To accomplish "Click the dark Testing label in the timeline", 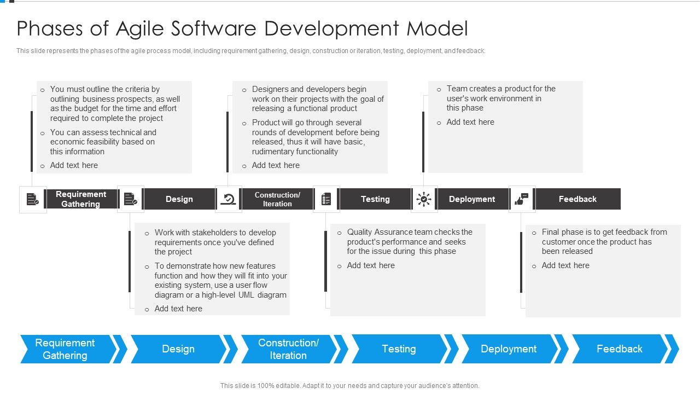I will (375, 199).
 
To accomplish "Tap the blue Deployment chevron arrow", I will (509, 349).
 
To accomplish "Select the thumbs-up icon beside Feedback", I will (522, 199).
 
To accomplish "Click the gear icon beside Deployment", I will (424, 199).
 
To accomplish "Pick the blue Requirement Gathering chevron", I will (65, 349).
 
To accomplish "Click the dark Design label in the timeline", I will (179, 199).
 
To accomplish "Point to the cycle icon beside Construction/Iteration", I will (228, 199).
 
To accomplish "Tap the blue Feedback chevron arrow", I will (619, 349).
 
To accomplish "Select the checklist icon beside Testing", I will (326, 199).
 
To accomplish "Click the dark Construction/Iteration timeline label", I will (277, 199).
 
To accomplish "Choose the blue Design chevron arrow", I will (178, 349).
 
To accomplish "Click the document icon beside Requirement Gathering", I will (33, 199).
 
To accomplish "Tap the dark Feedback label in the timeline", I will (577, 199).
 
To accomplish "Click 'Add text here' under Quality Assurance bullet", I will (371, 265).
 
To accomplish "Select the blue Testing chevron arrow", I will (399, 349).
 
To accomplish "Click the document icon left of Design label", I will (131, 199).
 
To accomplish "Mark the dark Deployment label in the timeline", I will (472, 199).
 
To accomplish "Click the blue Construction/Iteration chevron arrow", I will (288, 349).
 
